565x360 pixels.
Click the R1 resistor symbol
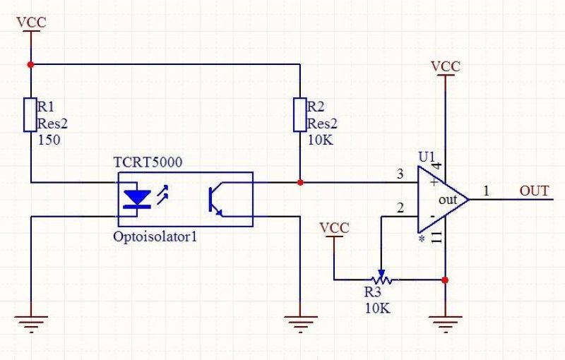tap(30, 114)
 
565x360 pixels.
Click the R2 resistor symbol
tap(299, 114)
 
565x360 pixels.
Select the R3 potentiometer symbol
tap(381, 278)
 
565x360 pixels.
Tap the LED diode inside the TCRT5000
tap(136, 199)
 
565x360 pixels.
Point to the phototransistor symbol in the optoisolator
tap(215, 199)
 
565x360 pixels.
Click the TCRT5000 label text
tap(148, 162)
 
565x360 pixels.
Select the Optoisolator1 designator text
tap(155, 237)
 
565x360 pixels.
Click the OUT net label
tap(534, 191)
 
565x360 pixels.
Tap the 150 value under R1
tap(49, 140)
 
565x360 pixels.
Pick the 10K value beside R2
tap(321, 140)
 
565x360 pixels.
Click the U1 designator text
tap(427, 157)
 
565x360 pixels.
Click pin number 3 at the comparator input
tap(400, 174)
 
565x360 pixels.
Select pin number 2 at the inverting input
tap(400, 208)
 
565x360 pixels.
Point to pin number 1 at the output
tap(487, 191)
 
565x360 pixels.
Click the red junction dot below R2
tap(299, 183)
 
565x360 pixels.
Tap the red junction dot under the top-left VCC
tap(30, 65)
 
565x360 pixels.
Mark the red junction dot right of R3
tap(445, 280)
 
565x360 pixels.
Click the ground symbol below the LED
tap(31, 323)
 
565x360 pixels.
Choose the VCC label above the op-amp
tap(446, 66)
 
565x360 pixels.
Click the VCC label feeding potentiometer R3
tap(334, 228)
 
